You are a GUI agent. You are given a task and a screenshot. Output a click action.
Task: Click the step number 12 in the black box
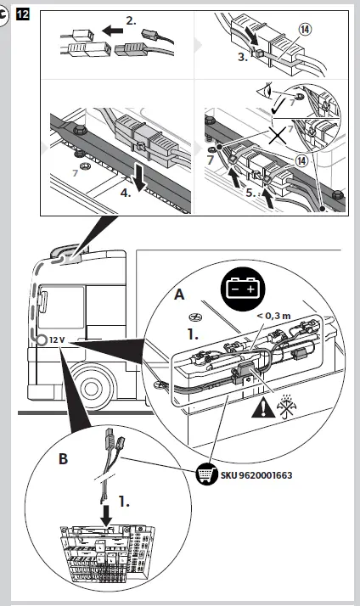[x=23, y=14]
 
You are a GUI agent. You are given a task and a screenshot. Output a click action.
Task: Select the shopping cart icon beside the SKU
[x=207, y=474]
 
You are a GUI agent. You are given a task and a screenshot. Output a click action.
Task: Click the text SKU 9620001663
[x=256, y=475]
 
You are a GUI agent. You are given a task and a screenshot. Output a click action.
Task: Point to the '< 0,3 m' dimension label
[x=273, y=316]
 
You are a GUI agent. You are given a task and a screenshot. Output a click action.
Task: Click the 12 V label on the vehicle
[x=57, y=340]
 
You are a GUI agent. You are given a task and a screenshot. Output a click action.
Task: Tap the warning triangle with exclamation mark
[x=263, y=407]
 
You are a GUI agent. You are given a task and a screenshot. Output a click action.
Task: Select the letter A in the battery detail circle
[x=179, y=295]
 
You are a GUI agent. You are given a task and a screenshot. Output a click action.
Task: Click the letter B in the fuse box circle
[x=63, y=459]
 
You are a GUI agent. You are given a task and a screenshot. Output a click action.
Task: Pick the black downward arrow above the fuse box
[x=106, y=515]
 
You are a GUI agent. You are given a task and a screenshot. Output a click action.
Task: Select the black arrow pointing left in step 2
[x=113, y=31]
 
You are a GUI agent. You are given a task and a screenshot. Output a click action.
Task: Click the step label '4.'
[x=126, y=193]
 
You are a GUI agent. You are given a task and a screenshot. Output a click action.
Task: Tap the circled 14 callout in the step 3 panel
[x=306, y=30]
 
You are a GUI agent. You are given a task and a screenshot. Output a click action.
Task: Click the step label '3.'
[x=243, y=57]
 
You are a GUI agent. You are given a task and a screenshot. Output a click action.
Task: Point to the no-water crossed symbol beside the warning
[x=286, y=407]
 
